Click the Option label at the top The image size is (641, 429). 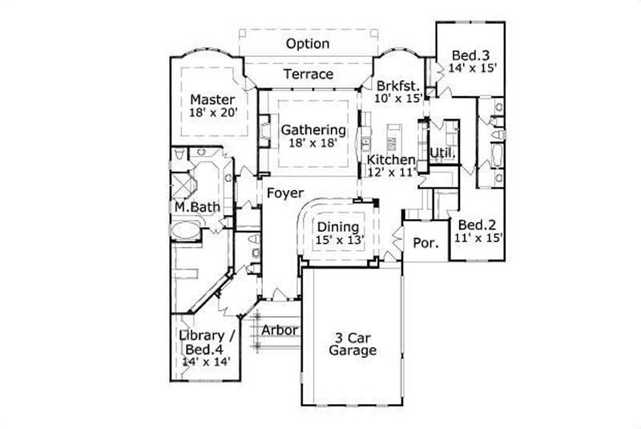tap(308, 43)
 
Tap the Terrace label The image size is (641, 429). tap(307, 74)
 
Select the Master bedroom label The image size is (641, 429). tap(212, 99)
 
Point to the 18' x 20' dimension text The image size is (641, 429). tap(212, 113)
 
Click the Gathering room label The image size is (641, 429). tap(313, 129)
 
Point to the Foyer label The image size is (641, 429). tap(284, 193)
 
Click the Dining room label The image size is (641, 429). tap(337, 227)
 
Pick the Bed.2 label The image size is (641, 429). tap(476, 225)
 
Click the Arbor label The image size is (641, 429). tap(280, 329)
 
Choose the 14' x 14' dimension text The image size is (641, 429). tap(207, 362)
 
